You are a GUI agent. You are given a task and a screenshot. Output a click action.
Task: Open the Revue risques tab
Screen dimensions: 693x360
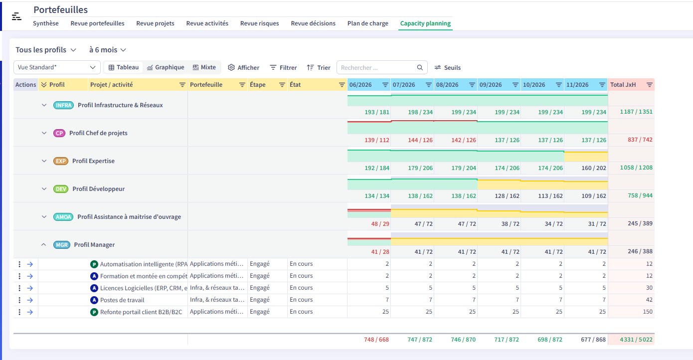[259, 23]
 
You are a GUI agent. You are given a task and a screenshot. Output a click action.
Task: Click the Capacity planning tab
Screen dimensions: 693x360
[425, 23]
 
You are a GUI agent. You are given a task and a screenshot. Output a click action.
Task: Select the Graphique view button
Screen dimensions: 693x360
[166, 67]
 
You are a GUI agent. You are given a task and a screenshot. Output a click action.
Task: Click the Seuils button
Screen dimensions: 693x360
[447, 67]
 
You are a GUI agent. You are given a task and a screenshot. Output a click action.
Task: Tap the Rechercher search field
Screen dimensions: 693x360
[377, 67]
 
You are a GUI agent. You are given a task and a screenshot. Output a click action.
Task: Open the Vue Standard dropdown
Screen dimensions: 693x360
[57, 67]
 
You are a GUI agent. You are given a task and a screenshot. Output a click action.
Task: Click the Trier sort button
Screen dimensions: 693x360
[319, 67]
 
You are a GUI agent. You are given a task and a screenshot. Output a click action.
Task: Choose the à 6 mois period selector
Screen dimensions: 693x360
[107, 50]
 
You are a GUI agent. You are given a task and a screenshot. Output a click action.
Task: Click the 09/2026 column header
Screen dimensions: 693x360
[491, 85]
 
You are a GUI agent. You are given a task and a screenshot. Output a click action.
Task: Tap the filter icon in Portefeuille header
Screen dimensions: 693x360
[242, 85]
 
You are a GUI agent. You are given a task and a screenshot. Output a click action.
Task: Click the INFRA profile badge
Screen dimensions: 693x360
[63, 105]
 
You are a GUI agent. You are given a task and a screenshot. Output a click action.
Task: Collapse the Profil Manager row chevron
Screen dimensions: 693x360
[43, 245]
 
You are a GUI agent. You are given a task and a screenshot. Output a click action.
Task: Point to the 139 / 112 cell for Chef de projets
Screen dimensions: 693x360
[377, 140]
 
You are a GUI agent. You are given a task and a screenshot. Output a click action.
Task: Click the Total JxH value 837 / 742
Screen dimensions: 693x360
[640, 140]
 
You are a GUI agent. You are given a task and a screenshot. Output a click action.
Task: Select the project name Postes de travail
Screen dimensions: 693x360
[122, 300]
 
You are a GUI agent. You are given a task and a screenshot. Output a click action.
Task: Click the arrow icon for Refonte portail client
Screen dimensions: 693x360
[30, 312]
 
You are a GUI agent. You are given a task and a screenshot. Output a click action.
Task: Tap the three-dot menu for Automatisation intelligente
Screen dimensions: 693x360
[19, 264]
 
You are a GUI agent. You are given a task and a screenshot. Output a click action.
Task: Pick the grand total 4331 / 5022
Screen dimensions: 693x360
[636, 340]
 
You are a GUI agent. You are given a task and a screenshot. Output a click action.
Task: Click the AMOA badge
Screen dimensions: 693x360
[63, 217]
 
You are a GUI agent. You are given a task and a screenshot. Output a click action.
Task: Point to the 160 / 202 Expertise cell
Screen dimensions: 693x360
[594, 168]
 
